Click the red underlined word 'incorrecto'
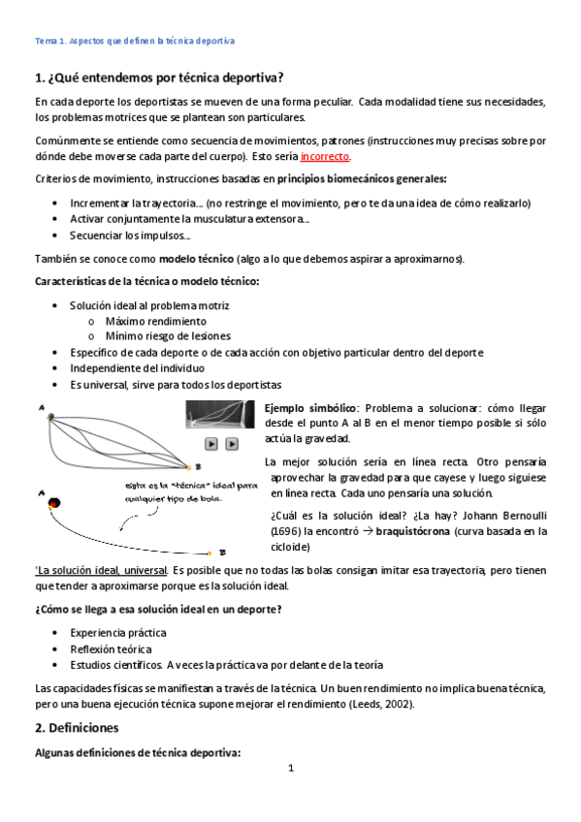coord(325,156)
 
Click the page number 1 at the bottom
coord(290,769)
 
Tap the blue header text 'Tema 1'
coord(49,41)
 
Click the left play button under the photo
coord(210,444)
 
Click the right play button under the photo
coord(232,444)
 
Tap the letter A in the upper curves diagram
coord(42,410)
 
